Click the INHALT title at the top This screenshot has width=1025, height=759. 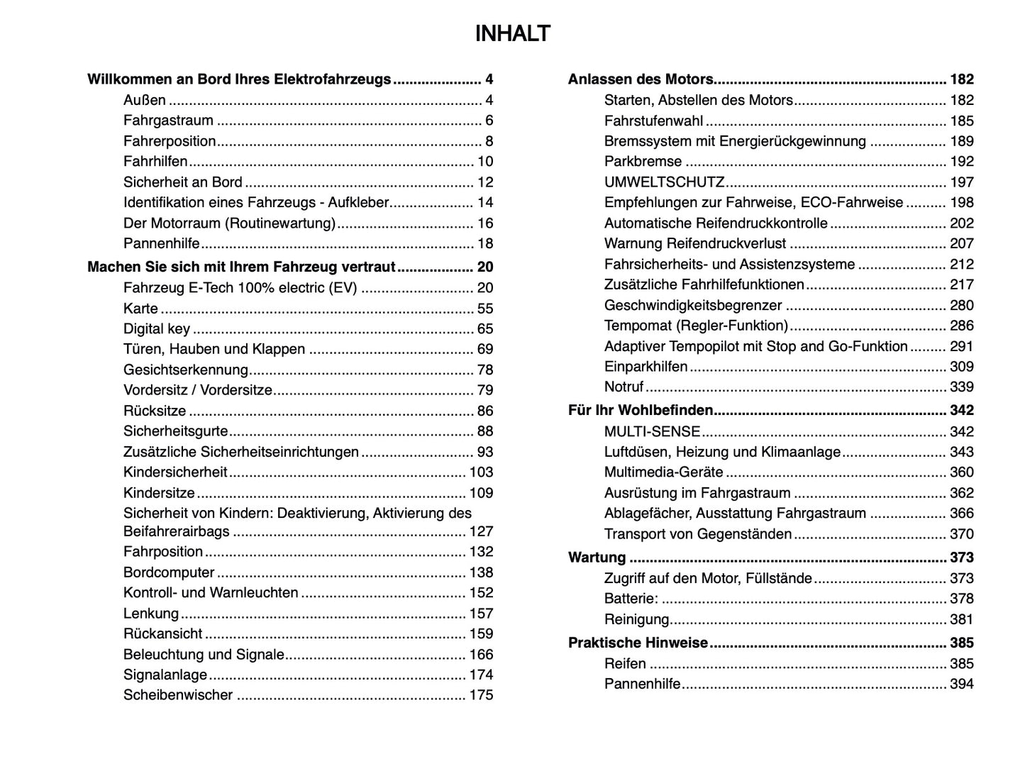(512, 34)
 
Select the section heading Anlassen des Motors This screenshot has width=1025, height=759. (640, 79)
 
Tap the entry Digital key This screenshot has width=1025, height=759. (157, 329)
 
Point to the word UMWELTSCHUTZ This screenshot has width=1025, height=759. (664, 182)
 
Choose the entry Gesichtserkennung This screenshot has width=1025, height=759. (186, 370)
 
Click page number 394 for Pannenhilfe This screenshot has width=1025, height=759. (961, 685)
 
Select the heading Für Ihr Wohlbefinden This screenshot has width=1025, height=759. (640, 411)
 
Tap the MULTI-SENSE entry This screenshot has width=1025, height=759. (652, 432)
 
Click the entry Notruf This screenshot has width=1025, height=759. (624, 387)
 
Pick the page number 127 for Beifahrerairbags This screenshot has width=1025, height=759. (480, 532)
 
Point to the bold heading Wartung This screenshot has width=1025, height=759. (597, 558)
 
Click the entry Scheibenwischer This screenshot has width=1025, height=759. (178, 695)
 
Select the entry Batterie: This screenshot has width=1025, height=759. (631, 599)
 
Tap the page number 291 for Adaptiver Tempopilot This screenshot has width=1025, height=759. (961, 347)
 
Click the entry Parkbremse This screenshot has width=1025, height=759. (643, 162)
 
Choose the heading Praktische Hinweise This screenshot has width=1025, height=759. (638, 643)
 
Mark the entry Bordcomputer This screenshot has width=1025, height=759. (169, 572)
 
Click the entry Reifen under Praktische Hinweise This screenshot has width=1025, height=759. (625, 664)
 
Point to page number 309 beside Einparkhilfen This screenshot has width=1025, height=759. (961, 367)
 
